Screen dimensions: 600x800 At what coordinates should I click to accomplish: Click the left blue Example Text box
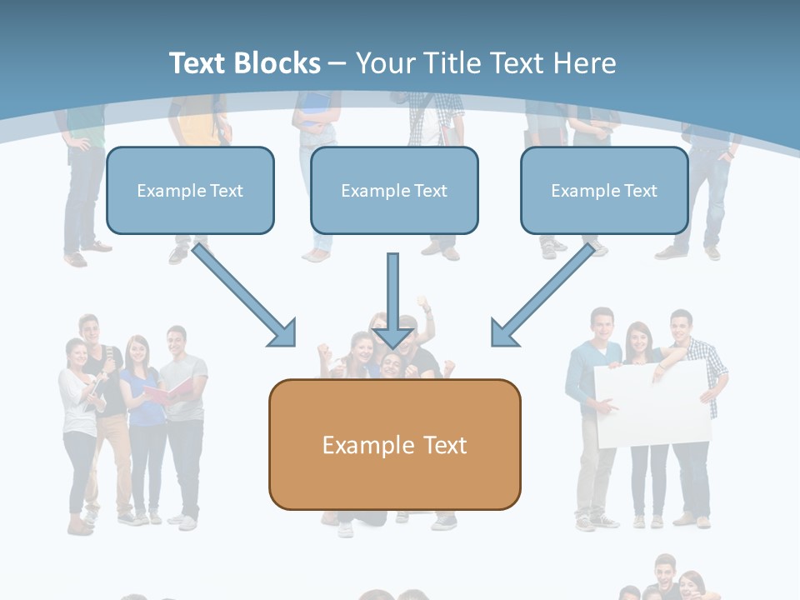(190, 191)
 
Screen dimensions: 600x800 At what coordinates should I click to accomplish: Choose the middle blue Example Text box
(394, 191)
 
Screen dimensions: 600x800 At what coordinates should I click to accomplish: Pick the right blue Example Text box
(604, 191)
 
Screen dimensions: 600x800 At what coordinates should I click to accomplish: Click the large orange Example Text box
(394, 444)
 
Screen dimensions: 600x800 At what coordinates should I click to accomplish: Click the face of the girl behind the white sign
(640, 338)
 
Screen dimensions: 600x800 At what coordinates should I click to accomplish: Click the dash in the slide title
(337, 63)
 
